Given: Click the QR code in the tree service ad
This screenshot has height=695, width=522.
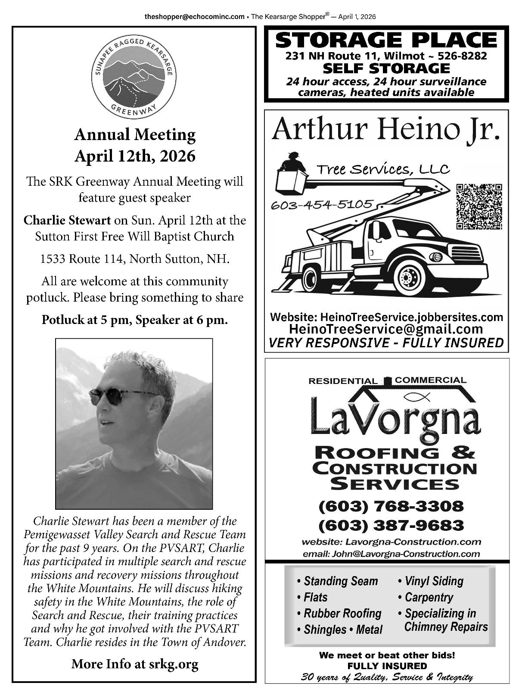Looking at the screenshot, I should coord(479,206).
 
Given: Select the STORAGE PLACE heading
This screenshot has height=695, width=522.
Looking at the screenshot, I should coord(386,40).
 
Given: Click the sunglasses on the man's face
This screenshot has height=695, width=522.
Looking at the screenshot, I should coord(115,395).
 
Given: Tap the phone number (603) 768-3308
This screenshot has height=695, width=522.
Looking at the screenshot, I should coord(391,506).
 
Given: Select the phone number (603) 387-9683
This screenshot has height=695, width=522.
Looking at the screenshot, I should coord(391,525).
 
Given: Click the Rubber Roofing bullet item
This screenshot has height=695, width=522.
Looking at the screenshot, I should coord(339,613).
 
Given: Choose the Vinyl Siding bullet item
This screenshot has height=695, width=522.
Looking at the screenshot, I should coord(431,581).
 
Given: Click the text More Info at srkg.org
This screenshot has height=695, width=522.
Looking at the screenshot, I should coord(135,664).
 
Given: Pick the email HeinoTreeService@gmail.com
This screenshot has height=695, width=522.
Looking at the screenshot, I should coord(386,329).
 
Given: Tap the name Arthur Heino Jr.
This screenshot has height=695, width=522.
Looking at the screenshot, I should coord(386,129).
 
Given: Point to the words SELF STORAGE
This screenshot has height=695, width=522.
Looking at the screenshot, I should coord(386,68).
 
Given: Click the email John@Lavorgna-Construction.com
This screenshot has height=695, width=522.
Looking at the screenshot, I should coord(391,554).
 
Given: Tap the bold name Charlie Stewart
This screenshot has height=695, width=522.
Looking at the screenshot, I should coord(67,220).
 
